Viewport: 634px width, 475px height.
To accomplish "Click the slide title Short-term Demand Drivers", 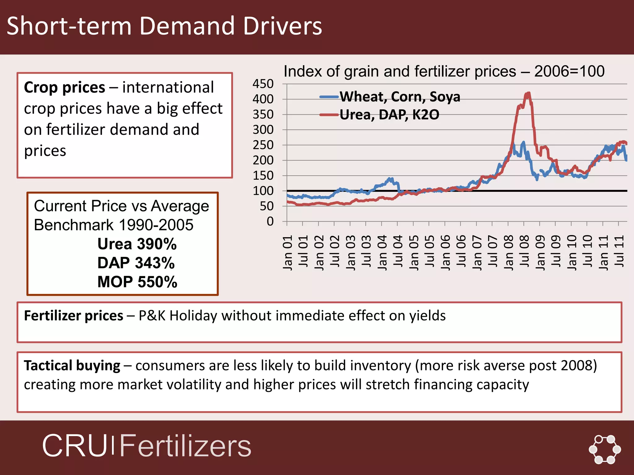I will [164, 26].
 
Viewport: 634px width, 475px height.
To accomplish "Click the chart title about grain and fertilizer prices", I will [444, 71].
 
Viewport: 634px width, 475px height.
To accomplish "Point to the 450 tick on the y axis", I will [263, 84].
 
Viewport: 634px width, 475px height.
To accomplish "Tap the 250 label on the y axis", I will [263, 145].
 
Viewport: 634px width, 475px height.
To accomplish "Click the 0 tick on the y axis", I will [270, 221].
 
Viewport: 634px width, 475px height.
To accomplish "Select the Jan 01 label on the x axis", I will [288, 252].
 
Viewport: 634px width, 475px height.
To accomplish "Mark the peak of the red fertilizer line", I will [528, 93].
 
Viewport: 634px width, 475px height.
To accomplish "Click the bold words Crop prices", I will [64, 88].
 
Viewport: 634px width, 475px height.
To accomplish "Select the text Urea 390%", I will [137, 244].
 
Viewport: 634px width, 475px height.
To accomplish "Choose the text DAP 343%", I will [136, 263].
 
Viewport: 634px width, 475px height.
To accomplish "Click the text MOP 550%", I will [137, 282].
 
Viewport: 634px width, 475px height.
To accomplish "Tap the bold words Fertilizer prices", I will [74, 316].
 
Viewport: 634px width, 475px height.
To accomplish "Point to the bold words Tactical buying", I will [72, 366].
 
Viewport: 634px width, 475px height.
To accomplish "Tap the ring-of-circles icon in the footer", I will [605, 449].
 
